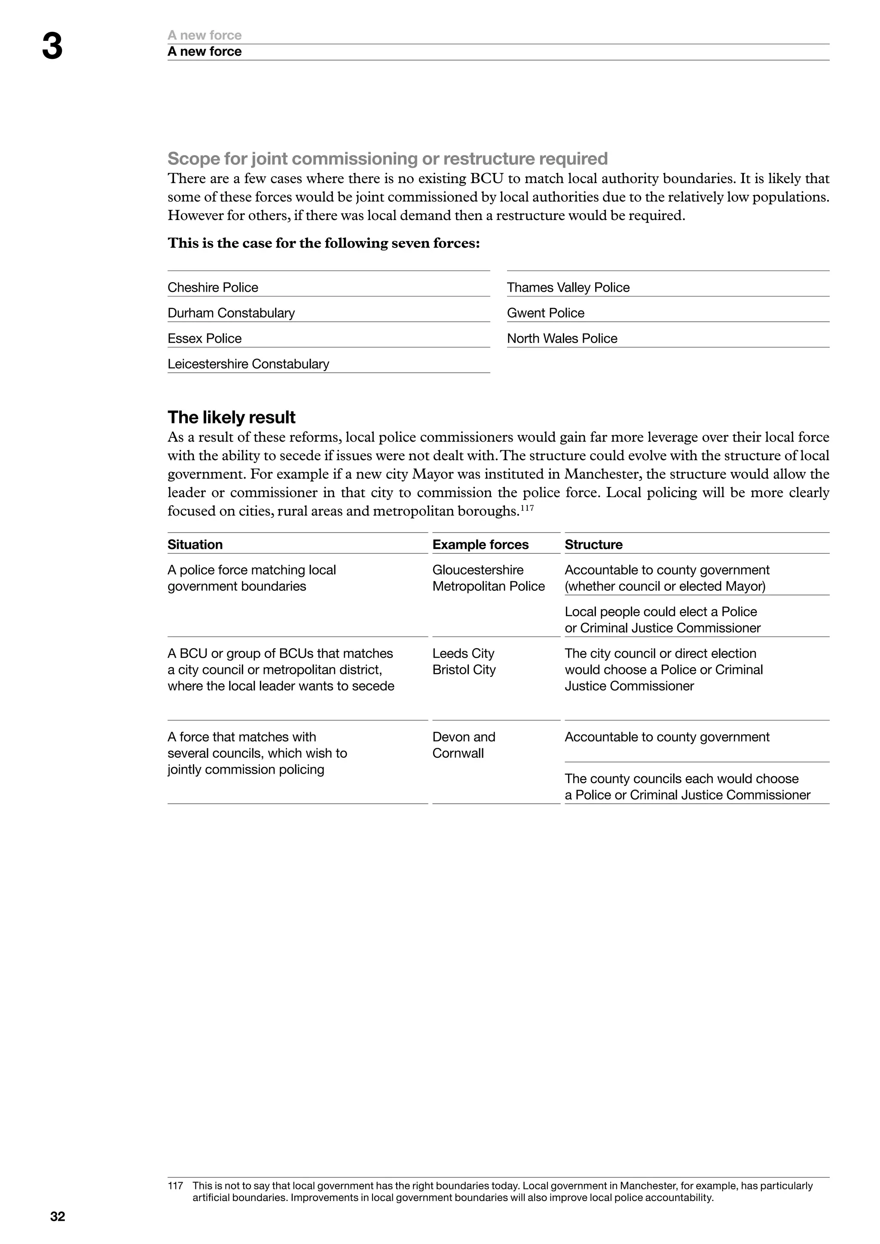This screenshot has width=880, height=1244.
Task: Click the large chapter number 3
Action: click(52, 47)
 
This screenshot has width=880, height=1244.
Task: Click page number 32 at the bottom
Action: click(58, 1217)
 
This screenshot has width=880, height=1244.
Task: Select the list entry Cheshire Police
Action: click(213, 287)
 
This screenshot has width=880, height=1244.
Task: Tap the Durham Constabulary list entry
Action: click(231, 313)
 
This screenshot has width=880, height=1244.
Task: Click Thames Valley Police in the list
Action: click(568, 287)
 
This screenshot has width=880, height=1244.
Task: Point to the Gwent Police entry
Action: click(546, 313)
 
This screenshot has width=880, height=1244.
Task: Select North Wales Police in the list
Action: click(562, 338)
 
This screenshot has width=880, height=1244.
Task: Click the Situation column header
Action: click(195, 545)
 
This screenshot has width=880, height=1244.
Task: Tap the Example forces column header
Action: click(480, 545)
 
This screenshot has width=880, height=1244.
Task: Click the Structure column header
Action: click(593, 545)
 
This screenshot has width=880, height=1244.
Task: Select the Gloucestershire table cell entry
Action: click(478, 570)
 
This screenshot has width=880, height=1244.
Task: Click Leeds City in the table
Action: click(463, 653)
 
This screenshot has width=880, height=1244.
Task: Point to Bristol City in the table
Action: click(464, 670)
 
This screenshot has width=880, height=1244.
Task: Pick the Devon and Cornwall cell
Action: click(464, 745)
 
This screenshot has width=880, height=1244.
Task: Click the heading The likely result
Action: click(231, 417)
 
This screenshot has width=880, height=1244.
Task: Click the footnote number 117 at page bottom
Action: click(175, 1186)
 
